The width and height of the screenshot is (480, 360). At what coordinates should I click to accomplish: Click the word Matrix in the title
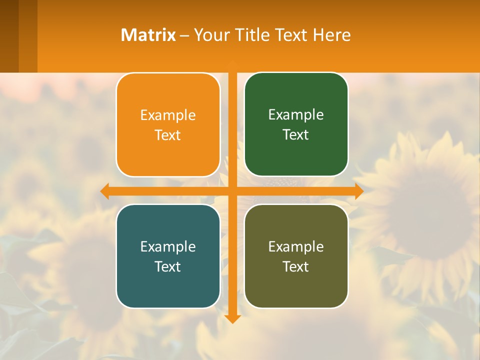coord(148,35)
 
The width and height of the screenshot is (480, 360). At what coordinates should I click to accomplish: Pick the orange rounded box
coord(168,155)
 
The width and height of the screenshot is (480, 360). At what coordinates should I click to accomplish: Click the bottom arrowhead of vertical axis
coord(232,318)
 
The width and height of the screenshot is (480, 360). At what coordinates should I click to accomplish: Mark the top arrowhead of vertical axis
coord(232,63)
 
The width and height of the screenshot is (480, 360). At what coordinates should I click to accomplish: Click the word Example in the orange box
coord(168,115)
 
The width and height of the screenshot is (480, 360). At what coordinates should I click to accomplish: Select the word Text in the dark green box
coord(296,135)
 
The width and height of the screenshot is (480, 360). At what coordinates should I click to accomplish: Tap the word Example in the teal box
coord(168,246)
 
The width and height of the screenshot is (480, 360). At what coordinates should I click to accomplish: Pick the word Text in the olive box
coord(296,266)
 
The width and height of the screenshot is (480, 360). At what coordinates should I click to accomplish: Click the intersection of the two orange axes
coord(232,191)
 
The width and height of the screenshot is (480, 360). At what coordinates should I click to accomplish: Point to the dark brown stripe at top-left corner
coord(9,35)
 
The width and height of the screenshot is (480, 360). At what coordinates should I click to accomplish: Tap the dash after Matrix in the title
coord(184,35)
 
